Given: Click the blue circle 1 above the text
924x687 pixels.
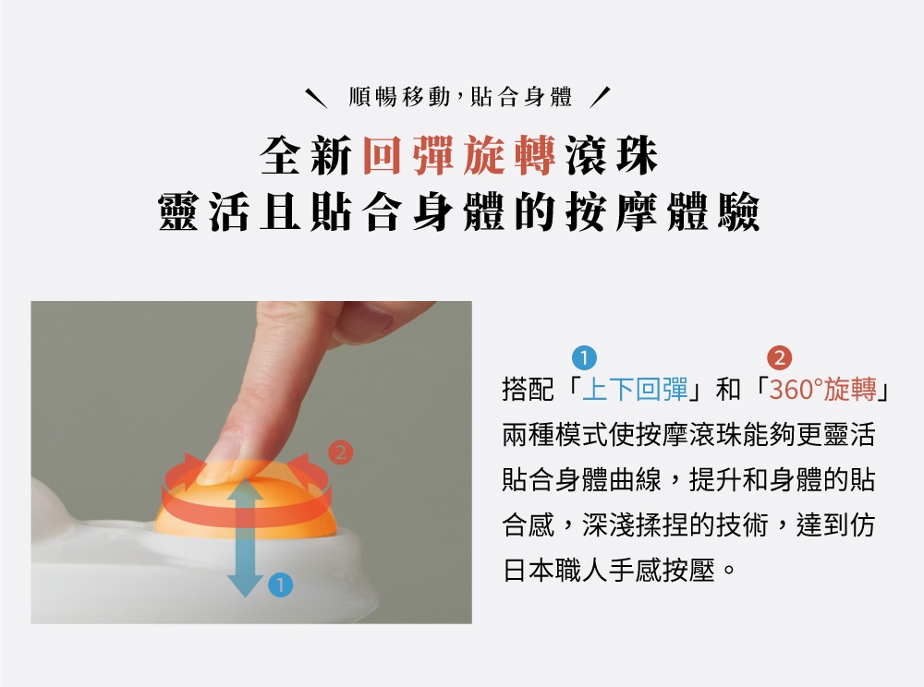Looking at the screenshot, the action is [584, 358].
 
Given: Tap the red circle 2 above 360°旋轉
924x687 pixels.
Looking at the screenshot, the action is [779, 358].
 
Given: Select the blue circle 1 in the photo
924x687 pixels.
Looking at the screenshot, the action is [280, 585].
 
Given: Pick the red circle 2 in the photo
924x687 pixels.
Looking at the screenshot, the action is [340, 452].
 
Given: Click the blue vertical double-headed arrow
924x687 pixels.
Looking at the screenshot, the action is [245, 536].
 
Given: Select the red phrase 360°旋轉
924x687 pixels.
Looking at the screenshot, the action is [822, 389].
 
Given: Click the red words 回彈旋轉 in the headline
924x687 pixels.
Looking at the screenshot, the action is [459, 155].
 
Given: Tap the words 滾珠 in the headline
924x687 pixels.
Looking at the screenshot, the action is [612, 155].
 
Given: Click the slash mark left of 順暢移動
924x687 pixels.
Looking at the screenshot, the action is [316, 98].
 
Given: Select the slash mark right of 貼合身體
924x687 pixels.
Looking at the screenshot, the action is [600, 98].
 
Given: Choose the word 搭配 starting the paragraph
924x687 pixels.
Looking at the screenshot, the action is [528, 389].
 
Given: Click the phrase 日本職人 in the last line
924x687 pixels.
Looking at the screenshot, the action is [555, 570].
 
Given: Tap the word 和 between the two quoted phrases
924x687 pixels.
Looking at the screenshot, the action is [728, 389].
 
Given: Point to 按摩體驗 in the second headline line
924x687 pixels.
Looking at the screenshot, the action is [663, 212].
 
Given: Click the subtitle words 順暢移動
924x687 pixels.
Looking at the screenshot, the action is [399, 97].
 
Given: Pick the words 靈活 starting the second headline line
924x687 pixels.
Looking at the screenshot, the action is [203, 212].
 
